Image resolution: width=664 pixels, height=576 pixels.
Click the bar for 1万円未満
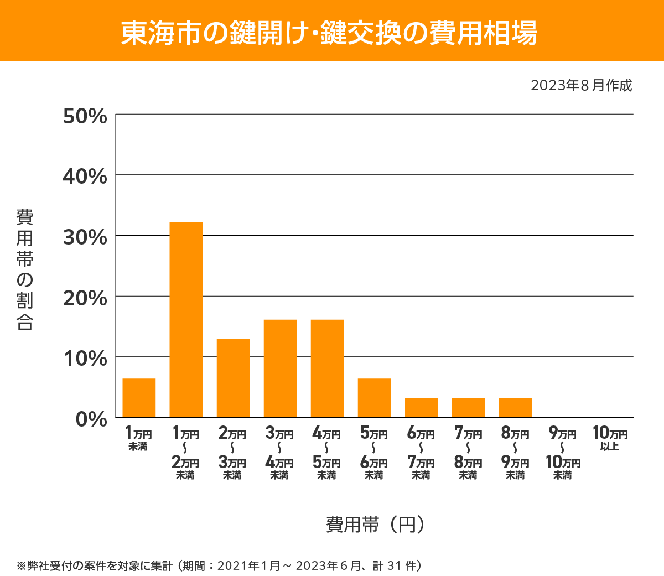tap(139, 398)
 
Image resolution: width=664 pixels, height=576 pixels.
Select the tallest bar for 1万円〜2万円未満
tap(186, 319)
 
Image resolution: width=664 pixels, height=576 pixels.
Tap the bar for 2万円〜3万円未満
tap(233, 378)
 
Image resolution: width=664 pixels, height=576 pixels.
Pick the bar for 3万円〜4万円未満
tap(280, 369)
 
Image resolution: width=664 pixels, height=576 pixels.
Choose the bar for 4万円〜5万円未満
tap(327, 369)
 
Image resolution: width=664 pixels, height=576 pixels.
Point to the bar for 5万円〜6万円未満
tap(374, 398)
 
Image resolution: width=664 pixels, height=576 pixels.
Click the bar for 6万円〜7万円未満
tap(421, 407)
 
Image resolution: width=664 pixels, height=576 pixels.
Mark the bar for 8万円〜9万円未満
tap(515, 407)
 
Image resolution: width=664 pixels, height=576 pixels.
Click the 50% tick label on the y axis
tap(85, 116)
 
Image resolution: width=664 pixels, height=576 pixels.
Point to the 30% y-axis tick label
tap(85, 237)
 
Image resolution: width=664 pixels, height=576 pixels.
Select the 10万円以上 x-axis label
tap(610, 438)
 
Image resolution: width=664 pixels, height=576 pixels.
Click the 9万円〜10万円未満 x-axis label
tap(563, 454)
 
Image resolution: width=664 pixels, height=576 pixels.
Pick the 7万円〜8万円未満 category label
tap(468, 454)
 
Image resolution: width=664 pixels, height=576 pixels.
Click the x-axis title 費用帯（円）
tap(375, 524)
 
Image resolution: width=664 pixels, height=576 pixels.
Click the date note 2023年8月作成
tap(581, 86)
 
